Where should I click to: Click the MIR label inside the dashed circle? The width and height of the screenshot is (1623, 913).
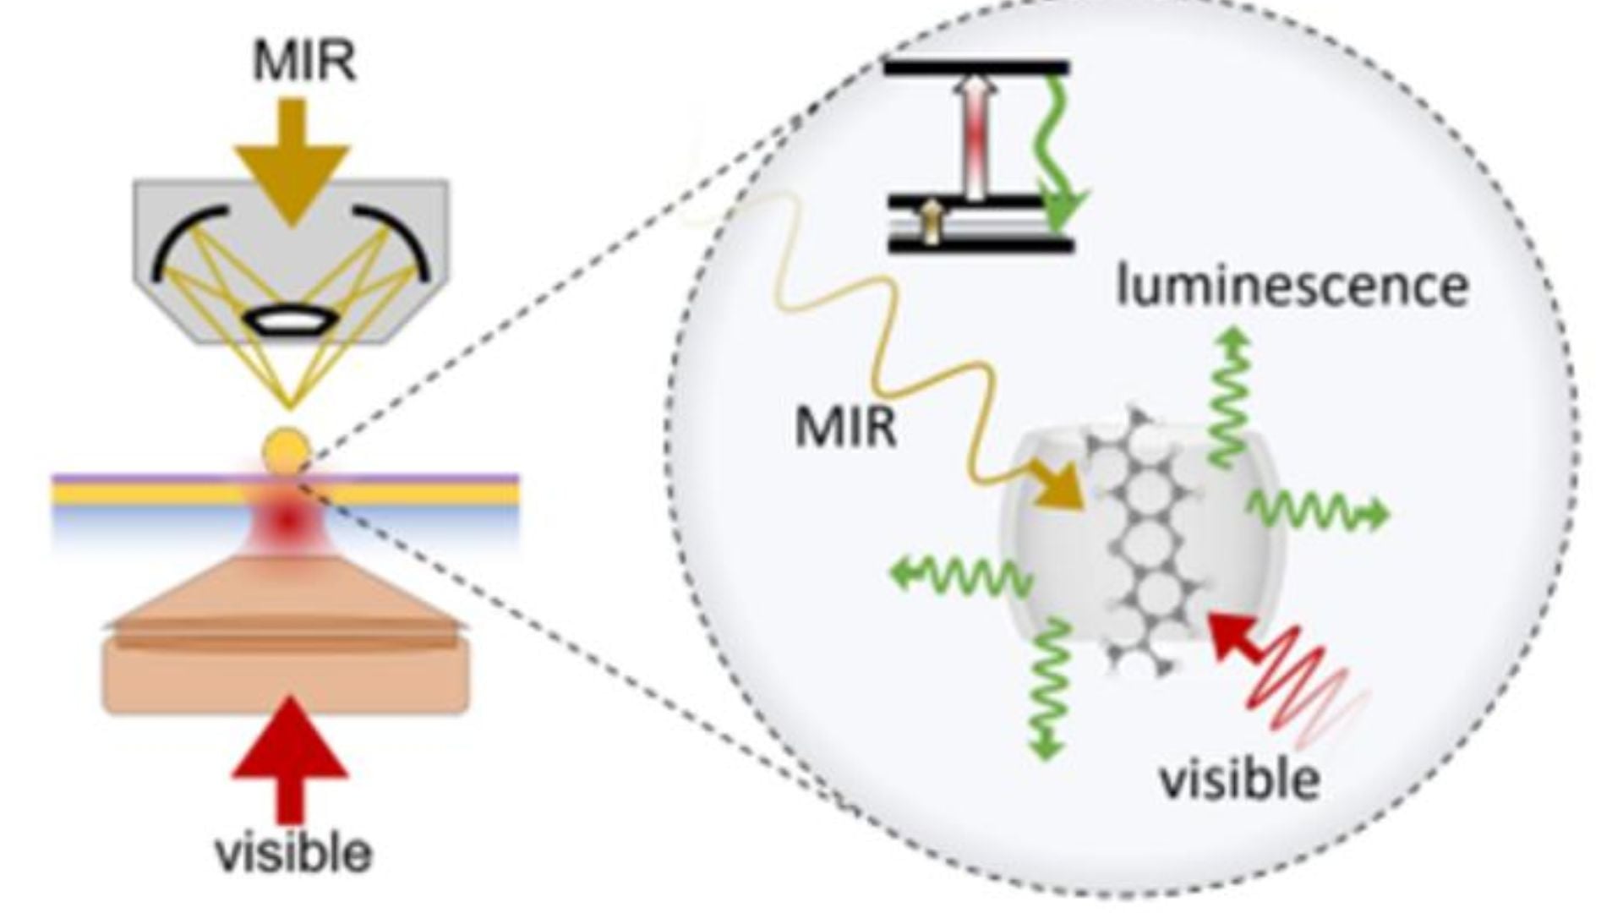tap(844, 426)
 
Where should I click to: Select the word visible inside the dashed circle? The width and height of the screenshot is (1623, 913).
tap(1239, 779)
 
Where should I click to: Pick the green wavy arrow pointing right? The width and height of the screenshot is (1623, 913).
tap(1319, 511)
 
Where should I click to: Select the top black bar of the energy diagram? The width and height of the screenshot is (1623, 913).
tap(976, 68)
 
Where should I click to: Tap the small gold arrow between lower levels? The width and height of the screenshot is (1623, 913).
tap(931, 224)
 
